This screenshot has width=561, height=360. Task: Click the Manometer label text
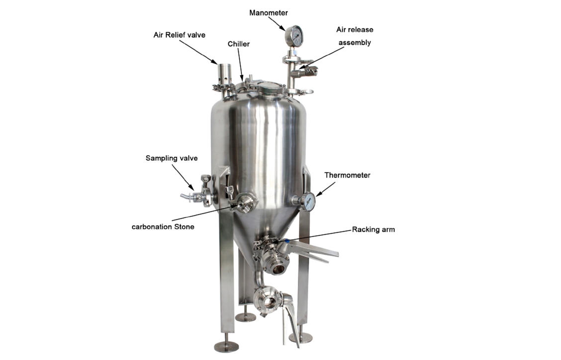[x=269, y=13]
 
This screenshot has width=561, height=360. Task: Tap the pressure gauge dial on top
[x=294, y=36]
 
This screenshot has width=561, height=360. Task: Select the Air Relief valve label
[x=179, y=35]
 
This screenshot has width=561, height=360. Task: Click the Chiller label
[x=239, y=44]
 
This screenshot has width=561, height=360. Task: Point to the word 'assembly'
[x=355, y=43]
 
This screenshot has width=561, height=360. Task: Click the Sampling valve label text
[x=172, y=158]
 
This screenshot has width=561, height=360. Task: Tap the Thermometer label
[x=347, y=175]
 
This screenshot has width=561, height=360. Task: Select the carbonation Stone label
[x=163, y=227]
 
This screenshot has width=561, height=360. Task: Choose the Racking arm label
[x=373, y=229]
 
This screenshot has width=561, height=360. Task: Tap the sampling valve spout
[x=186, y=196]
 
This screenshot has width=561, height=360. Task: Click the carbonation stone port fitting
[x=246, y=203]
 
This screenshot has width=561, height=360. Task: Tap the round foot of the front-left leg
[x=226, y=346]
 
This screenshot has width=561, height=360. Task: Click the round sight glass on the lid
[x=271, y=88]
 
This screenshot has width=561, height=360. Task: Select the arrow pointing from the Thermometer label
[x=325, y=189]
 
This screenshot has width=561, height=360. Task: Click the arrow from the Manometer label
[x=277, y=23]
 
